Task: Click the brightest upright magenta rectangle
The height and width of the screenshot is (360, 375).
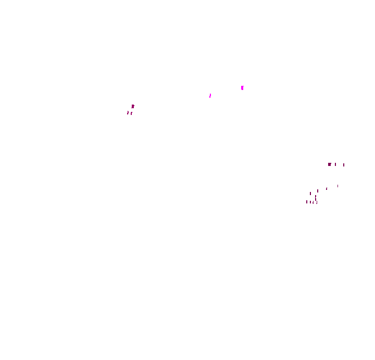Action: pos(242,88)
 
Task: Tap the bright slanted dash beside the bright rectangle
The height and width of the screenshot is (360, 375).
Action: pos(210,96)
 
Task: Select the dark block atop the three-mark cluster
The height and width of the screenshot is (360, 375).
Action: pos(133,106)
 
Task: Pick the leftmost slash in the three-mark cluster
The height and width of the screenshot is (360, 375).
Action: pos(128,112)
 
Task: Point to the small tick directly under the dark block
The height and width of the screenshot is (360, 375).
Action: pos(131,113)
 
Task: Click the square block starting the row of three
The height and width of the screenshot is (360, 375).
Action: pos(329,164)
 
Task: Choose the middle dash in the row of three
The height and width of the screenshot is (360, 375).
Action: pos(335,164)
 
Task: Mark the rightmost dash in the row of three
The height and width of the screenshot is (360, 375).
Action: pos(344,165)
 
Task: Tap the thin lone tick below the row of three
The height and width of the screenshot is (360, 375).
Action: pos(337,186)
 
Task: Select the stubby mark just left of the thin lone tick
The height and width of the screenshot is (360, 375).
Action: pos(327,189)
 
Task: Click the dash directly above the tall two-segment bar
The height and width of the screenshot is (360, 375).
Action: pos(318,191)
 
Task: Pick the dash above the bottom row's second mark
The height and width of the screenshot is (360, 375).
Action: pos(310,194)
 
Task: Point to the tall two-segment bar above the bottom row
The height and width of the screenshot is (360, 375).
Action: pos(315,198)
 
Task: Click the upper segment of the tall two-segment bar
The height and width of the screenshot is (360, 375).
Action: pos(315,196)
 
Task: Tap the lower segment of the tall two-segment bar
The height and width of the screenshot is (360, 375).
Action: pos(315,199)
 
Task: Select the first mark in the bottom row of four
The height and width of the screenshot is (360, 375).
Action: pos(307,202)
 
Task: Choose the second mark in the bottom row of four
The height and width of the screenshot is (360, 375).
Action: pos(310,202)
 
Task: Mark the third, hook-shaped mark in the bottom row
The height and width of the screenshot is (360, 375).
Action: pos(313,202)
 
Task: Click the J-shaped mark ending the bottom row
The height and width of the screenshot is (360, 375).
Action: pos(317,202)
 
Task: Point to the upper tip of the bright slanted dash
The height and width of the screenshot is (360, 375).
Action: pos(210,94)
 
